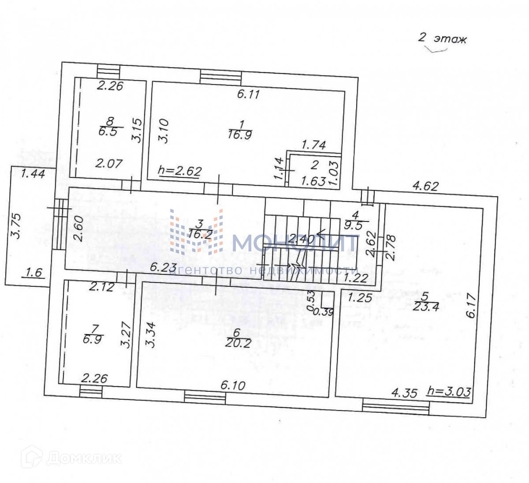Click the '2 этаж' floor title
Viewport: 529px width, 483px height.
(442, 39)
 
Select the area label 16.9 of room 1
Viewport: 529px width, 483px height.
(240, 135)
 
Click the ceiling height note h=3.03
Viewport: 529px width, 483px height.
(449, 391)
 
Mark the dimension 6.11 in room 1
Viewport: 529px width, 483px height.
(249, 94)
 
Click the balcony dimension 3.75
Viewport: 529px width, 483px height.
(16, 226)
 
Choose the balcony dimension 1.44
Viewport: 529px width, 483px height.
(33, 174)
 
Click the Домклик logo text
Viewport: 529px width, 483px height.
(84, 457)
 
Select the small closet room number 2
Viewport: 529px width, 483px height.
(315, 165)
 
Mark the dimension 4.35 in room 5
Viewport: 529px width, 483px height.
(404, 393)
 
